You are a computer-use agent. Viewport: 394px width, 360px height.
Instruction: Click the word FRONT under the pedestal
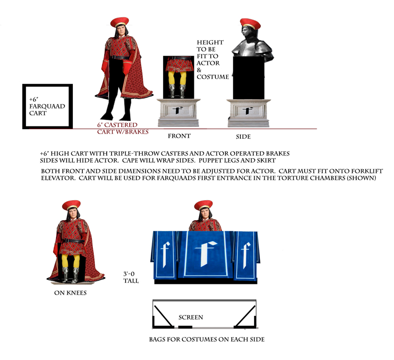[x=179, y=136]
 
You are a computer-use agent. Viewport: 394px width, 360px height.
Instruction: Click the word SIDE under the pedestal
[x=243, y=136]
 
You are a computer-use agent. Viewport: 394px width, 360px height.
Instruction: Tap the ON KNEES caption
[x=70, y=292]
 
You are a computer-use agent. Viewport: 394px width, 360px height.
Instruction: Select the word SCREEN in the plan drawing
[x=191, y=317]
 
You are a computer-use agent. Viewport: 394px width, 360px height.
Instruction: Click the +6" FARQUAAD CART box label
[x=47, y=106]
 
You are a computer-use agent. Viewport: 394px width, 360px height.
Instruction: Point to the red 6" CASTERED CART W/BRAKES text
[x=123, y=128]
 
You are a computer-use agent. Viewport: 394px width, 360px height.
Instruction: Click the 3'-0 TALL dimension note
[x=131, y=277]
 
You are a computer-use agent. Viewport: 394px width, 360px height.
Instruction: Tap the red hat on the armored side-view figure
[x=250, y=24]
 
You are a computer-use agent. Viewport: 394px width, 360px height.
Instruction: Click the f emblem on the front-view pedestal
[x=178, y=110]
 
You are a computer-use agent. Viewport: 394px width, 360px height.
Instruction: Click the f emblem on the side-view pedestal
[x=248, y=111]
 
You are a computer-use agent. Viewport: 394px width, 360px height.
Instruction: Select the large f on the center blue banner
[x=206, y=254]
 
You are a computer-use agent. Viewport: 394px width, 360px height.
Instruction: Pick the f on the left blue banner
[x=165, y=255]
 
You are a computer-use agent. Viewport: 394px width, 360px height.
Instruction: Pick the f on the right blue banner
[x=246, y=255]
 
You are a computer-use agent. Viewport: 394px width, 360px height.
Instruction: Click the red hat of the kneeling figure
[x=71, y=204]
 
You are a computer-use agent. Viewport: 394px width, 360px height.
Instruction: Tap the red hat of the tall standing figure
[x=120, y=22]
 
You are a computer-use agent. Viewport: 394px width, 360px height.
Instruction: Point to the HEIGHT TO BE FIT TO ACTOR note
[x=213, y=59]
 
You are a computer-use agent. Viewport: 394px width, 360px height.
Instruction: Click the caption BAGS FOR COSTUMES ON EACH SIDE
[x=207, y=339]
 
